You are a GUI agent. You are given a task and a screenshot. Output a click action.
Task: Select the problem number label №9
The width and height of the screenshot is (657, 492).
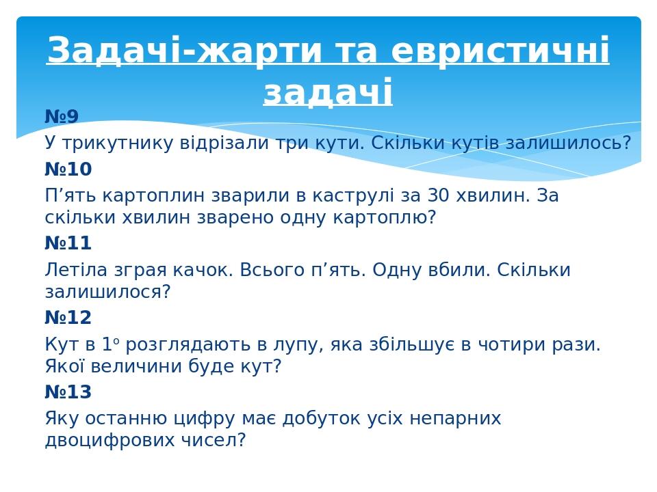pyautogui.click(x=62, y=117)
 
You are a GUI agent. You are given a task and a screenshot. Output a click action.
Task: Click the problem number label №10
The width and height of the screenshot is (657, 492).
pyautogui.click(x=68, y=169)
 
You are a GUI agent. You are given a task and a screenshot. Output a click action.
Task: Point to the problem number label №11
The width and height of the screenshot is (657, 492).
pyautogui.click(x=68, y=243)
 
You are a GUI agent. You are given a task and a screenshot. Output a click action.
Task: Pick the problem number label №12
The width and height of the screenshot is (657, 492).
pyautogui.click(x=68, y=318)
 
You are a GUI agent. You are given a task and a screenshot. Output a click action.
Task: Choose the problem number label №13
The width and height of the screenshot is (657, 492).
pyautogui.click(x=68, y=392)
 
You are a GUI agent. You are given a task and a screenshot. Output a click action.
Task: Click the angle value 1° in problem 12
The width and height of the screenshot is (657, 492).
pyautogui.click(x=112, y=344)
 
